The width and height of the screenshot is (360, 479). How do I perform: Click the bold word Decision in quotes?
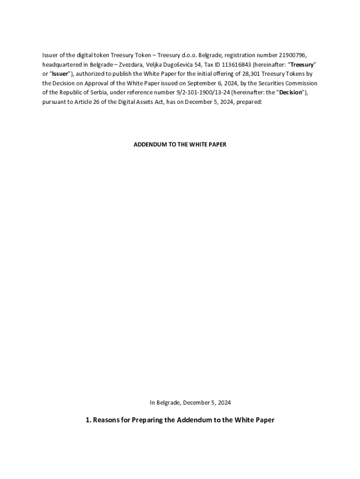[290, 92]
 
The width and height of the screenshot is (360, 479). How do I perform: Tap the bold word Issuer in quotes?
[60, 73]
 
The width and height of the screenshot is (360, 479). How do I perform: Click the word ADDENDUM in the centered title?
[148, 145]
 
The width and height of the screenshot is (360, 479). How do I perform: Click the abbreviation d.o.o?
[186, 55]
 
